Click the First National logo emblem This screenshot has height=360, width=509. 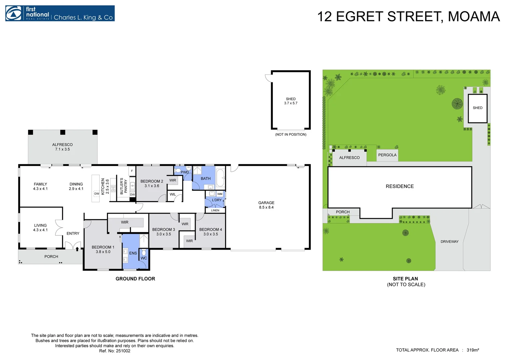coord(13,14)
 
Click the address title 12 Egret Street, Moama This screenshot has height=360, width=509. coord(408,17)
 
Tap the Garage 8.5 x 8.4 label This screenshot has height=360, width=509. coord(266,205)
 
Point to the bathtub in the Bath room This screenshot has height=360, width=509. coord(220,178)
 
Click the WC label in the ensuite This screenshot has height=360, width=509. coord(144,258)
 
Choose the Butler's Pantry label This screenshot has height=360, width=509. coord(124,186)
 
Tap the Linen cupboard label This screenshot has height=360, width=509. coord(215,210)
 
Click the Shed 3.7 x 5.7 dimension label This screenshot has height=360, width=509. coord(290,101)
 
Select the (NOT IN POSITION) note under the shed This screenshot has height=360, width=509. coord(290,135)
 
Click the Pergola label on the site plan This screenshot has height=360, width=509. coord(387,155)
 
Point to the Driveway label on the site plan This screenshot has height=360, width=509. coord(449,242)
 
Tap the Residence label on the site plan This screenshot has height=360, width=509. coord(399,186)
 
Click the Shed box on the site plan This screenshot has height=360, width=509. coord(477,108)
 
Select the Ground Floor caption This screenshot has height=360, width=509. coord(135,279)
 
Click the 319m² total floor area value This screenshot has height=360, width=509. coord(473,350)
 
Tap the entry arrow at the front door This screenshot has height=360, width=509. coord(77,249)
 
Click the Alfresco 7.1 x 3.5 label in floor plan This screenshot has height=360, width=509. coord(62,147)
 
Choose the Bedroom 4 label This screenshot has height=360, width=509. coord(211,232)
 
